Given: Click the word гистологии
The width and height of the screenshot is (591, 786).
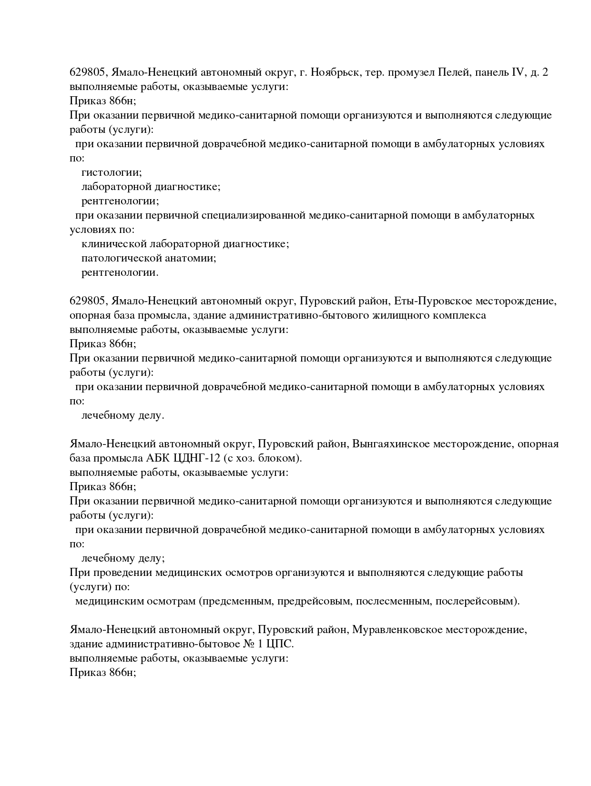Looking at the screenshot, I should point(112,172).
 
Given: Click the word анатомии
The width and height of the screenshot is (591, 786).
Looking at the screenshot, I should point(190,258).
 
